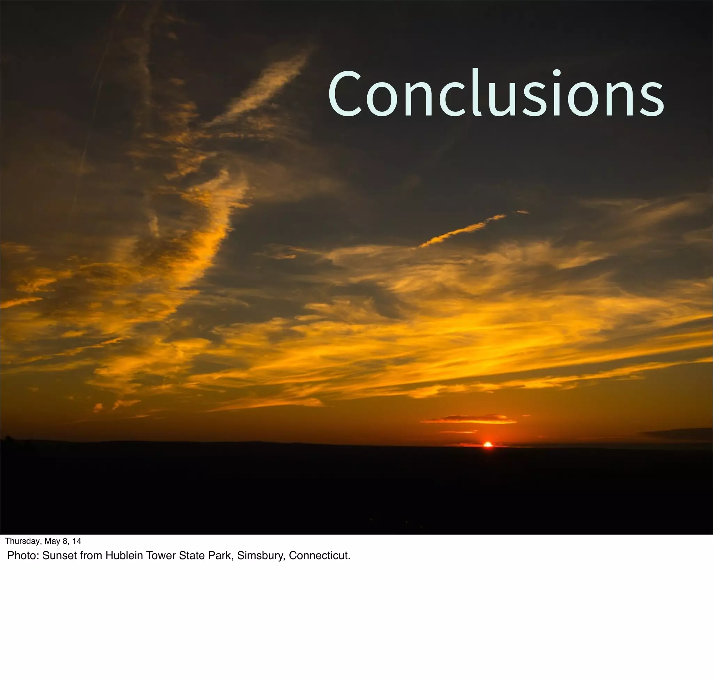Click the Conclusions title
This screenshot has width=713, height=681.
[496, 94]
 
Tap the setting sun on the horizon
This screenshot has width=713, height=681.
[488, 444]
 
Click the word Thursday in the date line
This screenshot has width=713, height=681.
[22, 541]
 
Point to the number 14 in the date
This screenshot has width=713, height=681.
[77, 541]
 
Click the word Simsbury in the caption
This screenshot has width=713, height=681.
[261, 556]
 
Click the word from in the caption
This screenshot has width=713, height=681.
[92, 556]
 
